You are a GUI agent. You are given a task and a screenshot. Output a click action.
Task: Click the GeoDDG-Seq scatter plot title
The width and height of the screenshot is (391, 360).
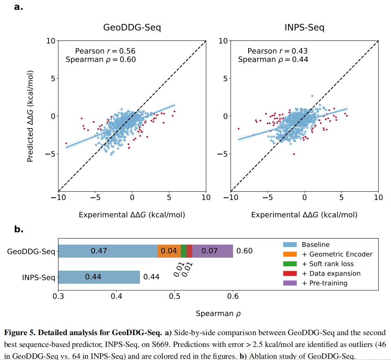click(x=132, y=28)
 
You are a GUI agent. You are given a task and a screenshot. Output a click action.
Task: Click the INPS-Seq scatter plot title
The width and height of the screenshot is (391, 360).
click(x=304, y=28)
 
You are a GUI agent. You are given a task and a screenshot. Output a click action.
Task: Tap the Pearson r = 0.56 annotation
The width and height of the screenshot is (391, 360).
click(x=105, y=51)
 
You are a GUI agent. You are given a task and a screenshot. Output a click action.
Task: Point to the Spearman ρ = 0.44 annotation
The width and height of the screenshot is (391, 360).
click(x=273, y=60)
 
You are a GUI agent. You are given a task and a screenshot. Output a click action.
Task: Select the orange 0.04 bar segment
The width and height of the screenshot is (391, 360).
click(x=169, y=251)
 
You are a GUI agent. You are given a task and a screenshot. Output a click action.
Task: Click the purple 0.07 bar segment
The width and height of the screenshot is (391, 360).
click(x=210, y=251)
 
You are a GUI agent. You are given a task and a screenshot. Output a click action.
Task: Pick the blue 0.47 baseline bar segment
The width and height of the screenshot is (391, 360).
click(x=99, y=251)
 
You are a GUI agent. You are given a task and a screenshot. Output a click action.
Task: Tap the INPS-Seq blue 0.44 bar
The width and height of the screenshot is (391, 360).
click(x=93, y=277)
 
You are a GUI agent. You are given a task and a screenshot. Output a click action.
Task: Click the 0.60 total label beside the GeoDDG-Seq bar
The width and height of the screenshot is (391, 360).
click(x=244, y=251)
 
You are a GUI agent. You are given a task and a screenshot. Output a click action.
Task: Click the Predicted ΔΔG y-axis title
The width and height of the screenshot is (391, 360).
click(x=30, y=117)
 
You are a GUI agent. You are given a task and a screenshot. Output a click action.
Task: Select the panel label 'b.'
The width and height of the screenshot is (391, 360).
click(x=19, y=230)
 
